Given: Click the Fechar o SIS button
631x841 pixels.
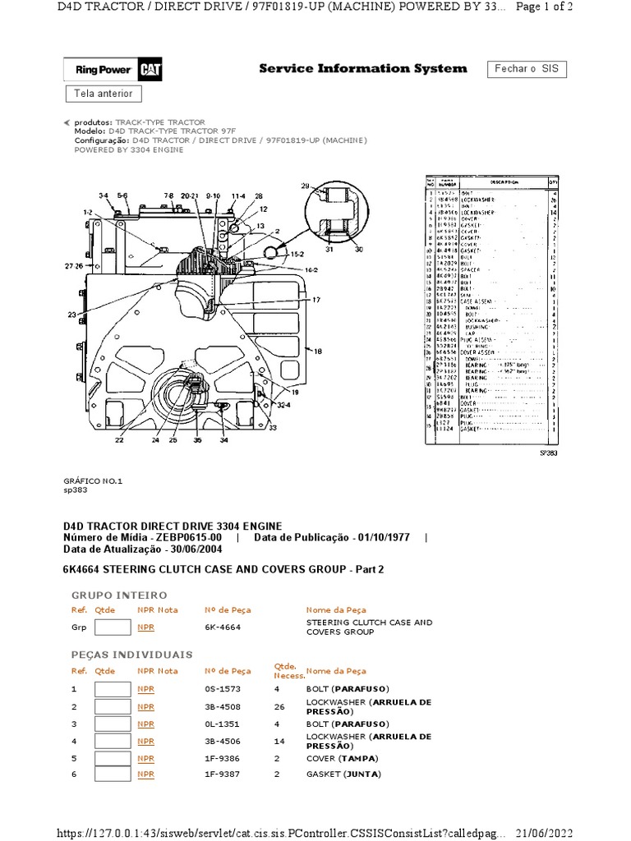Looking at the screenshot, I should pyautogui.click(x=527, y=69).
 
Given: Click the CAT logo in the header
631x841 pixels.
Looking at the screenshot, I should pyautogui.click(x=149, y=71).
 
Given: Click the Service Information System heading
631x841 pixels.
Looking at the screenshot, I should pyautogui.click(x=362, y=69).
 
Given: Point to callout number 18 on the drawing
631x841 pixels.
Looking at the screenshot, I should pyautogui.click(x=318, y=351).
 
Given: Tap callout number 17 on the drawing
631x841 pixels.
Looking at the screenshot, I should pyautogui.click(x=315, y=300).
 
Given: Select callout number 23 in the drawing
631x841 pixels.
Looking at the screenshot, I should pyautogui.click(x=71, y=315).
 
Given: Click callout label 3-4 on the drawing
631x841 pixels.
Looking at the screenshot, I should pyautogui.click(x=103, y=195).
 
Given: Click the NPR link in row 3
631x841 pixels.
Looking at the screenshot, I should pyautogui.click(x=145, y=724).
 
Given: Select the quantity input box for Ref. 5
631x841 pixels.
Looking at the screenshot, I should pyautogui.click(x=113, y=758).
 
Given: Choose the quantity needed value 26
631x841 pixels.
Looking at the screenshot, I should pyautogui.click(x=279, y=706).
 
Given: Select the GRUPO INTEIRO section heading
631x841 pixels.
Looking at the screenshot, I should pyautogui.click(x=119, y=595).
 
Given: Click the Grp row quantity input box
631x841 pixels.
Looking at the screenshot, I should pyautogui.click(x=113, y=627).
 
